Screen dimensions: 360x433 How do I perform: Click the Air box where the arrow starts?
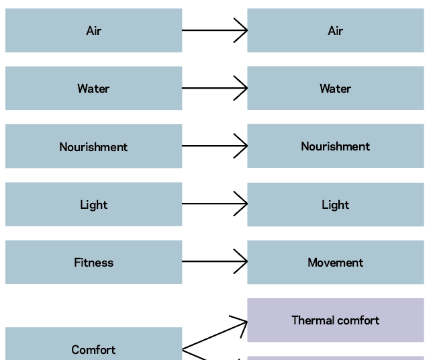point(93,30)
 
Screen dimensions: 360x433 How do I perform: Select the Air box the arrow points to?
point(335,30)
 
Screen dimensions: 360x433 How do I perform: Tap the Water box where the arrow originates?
point(93,88)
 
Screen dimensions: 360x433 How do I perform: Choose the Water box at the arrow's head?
point(335,88)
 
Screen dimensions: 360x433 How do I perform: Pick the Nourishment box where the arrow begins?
point(93,146)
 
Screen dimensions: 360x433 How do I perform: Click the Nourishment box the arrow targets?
point(335,146)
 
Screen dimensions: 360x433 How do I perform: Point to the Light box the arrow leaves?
point(93,204)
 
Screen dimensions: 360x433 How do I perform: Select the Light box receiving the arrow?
point(335,204)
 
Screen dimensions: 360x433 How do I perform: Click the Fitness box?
point(93,262)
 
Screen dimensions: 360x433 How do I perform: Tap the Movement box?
point(335,262)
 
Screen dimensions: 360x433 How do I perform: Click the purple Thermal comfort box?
point(335,320)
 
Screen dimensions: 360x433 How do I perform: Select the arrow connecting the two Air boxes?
point(214,30)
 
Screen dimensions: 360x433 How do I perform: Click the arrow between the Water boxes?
point(214,88)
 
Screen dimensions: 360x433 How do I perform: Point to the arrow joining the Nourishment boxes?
point(214,146)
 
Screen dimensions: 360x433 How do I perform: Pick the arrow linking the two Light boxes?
point(214,204)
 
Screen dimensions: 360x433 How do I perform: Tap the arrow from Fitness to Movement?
point(214,262)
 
